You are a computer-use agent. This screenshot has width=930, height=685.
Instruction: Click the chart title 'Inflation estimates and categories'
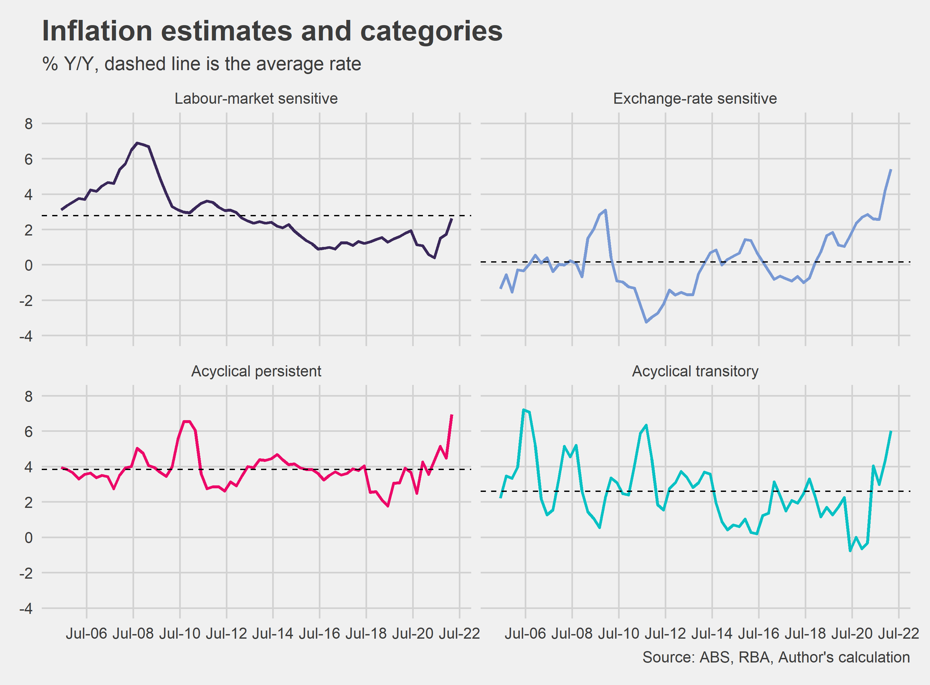pyautogui.click(x=272, y=31)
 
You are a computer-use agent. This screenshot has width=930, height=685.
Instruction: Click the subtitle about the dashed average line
pyautogui.click(x=202, y=64)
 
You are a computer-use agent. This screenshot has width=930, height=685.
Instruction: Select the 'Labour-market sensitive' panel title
pyautogui.click(x=256, y=99)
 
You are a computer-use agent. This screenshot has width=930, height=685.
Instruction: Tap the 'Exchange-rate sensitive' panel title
pyautogui.click(x=695, y=99)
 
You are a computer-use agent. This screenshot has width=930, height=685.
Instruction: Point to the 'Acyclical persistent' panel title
pyautogui.click(x=256, y=371)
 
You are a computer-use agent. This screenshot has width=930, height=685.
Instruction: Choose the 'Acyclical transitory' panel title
pyautogui.click(x=695, y=371)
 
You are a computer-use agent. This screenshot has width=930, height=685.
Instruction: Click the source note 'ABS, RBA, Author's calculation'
pyautogui.click(x=776, y=657)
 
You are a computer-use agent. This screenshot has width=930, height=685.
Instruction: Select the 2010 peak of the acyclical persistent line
pyautogui.click(x=187, y=421)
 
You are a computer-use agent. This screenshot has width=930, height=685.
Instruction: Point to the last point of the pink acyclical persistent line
pyautogui.click(x=452, y=415)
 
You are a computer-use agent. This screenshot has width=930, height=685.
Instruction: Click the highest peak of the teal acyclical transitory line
pyautogui.click(x=524, y=410)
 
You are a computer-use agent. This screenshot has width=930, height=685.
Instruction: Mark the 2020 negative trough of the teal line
pyautogui.click(x=850, y=551)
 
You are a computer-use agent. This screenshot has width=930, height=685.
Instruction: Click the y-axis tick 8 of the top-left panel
pyautogui.click(x=28, y=124)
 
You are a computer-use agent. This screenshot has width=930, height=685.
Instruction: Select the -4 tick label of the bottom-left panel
pyautogui.click(x=26, y=608)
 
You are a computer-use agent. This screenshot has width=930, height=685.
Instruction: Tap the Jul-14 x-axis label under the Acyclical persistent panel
pyautogui.click(x=272, y=633)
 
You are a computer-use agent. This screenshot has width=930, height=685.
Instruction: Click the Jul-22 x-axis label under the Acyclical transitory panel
pyautogui.click(x=898, y=633)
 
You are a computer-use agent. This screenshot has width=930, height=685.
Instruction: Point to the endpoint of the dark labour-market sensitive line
pyautogui.click(x=452, y=219)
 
